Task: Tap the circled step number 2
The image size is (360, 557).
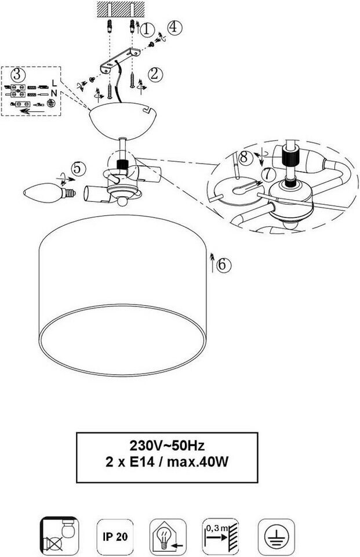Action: [155, 74]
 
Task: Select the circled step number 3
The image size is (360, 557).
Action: [18, 74]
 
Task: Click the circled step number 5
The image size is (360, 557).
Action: [79, 168]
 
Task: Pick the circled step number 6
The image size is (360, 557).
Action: [224, 265]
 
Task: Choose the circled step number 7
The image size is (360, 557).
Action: [266, 174]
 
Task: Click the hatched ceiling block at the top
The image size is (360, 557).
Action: [120, 9]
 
